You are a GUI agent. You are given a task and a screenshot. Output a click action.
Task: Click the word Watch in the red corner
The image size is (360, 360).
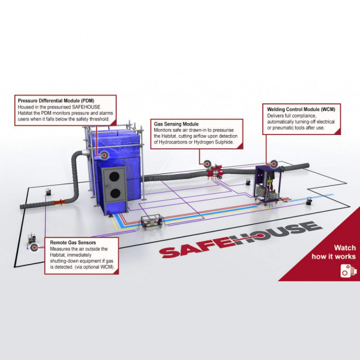[344, 247]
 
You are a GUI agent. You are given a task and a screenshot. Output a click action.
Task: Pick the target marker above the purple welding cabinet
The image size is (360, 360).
[272, 161]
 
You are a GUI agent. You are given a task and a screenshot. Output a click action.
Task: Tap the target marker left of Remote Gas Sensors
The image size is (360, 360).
[35, 247]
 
